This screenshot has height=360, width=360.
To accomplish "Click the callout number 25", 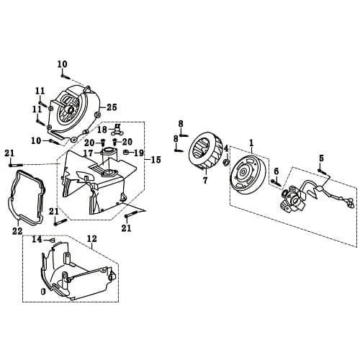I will click(112, 107).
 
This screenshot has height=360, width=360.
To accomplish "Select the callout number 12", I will click(91, 238).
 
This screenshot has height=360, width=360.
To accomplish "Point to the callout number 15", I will click(156, 159).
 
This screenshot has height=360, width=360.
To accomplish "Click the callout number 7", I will click(205, 180).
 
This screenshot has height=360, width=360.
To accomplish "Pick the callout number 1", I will click(251, 143).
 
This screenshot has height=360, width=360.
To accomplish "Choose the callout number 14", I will click(36, 238).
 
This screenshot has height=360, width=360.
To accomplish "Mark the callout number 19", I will click(140, 153).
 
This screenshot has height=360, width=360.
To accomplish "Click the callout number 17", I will click(87, 153).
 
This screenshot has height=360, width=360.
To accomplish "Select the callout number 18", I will click(102, 130).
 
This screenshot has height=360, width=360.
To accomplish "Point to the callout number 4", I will click(226, 149).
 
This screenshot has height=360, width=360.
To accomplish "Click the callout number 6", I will click(276, 171).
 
